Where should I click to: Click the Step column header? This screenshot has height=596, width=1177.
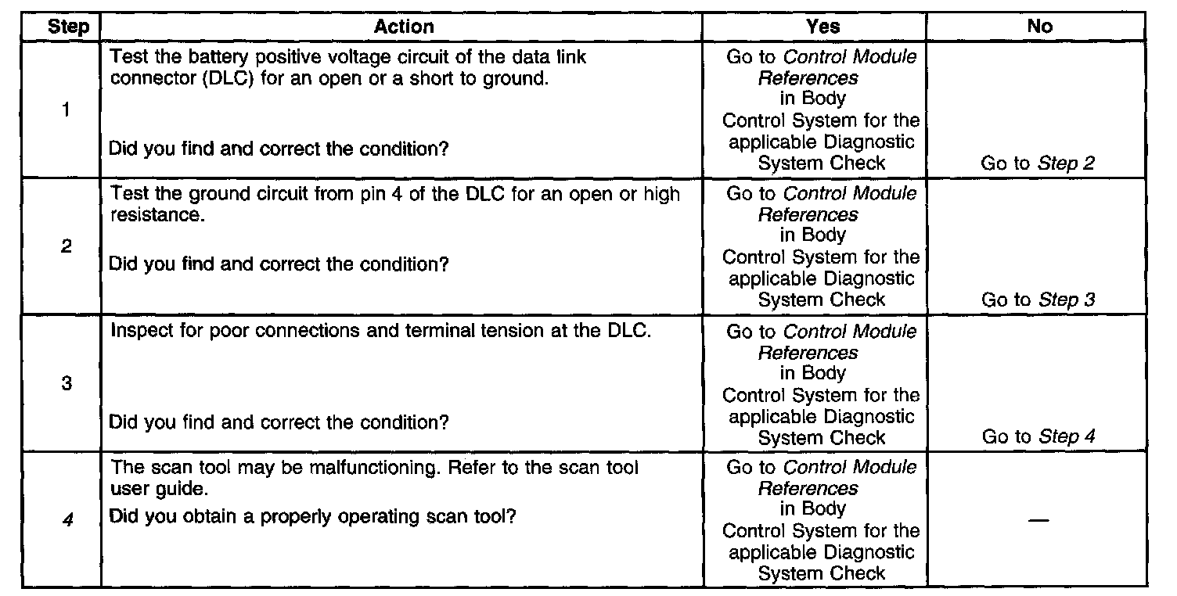[69, 27]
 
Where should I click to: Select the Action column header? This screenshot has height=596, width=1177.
[403, 27]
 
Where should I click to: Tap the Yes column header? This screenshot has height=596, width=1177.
[822, 27]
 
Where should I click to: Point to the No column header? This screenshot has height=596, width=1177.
[1040, 27]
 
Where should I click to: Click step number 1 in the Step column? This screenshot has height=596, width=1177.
[67, 110]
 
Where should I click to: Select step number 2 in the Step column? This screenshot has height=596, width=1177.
[67, 246]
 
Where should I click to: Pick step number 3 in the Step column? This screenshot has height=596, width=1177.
[67, 384]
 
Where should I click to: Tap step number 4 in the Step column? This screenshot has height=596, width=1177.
[67, 519]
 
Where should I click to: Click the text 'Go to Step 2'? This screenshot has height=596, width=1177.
[1038, 163]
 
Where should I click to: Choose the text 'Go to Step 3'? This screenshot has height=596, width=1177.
[1038, 300]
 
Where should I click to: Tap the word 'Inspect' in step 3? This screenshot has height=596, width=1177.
[138, 331]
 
